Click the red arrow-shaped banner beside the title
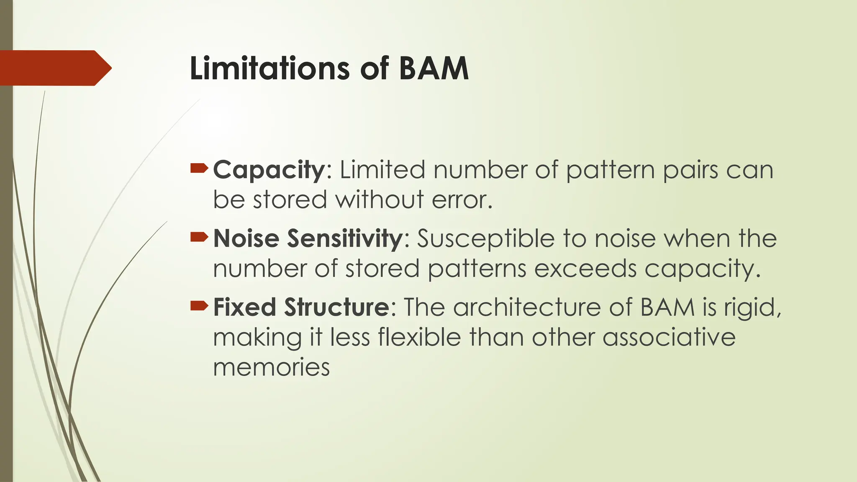pyautogui.click(x=54, y=68)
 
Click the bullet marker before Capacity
pyautogui.click(x=199, y=168)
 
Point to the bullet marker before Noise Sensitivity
pyautogui.click(x=199, y=237)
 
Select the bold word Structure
pyautogui.click(x=337, y=307)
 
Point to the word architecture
pyautogui.click(x=527, y=307)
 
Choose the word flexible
pyautogui.click(x=419, y=337)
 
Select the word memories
pyautogui.click(x=271, y=367)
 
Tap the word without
pyautogui.click(x=380, y=200)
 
